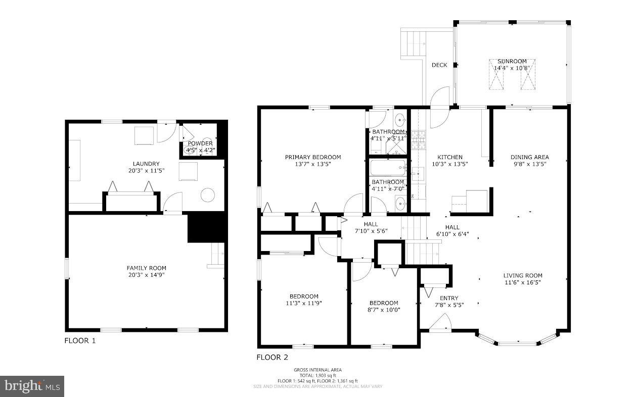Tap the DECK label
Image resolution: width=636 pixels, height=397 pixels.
pos(439,65)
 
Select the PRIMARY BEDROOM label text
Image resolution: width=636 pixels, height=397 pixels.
pos(312,157)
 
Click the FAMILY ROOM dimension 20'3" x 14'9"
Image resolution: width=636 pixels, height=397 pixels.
pos(146,275)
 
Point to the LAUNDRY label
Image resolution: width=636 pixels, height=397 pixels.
pos(146,164)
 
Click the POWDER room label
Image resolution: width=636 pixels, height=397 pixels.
pos(201,143)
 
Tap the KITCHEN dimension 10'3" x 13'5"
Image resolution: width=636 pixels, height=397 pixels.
pos(449,164)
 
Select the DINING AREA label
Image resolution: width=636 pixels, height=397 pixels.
pos(529,157)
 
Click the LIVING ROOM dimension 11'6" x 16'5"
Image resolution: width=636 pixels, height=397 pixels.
pos(522,282)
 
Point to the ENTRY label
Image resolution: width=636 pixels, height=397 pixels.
pos(449,298)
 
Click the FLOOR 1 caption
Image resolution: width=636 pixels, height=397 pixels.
pos(80,340)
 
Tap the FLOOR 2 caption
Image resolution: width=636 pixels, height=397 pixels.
pos(272,357)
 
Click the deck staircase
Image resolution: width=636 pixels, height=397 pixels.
pos(414,44)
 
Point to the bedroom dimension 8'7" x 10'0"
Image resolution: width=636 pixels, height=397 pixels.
pos(384,310)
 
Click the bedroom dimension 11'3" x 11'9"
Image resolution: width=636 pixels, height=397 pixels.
pos(304,303)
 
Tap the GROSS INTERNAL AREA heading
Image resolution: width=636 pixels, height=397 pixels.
pos(317,370)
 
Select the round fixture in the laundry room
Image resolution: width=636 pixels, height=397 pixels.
pos(207,195)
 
